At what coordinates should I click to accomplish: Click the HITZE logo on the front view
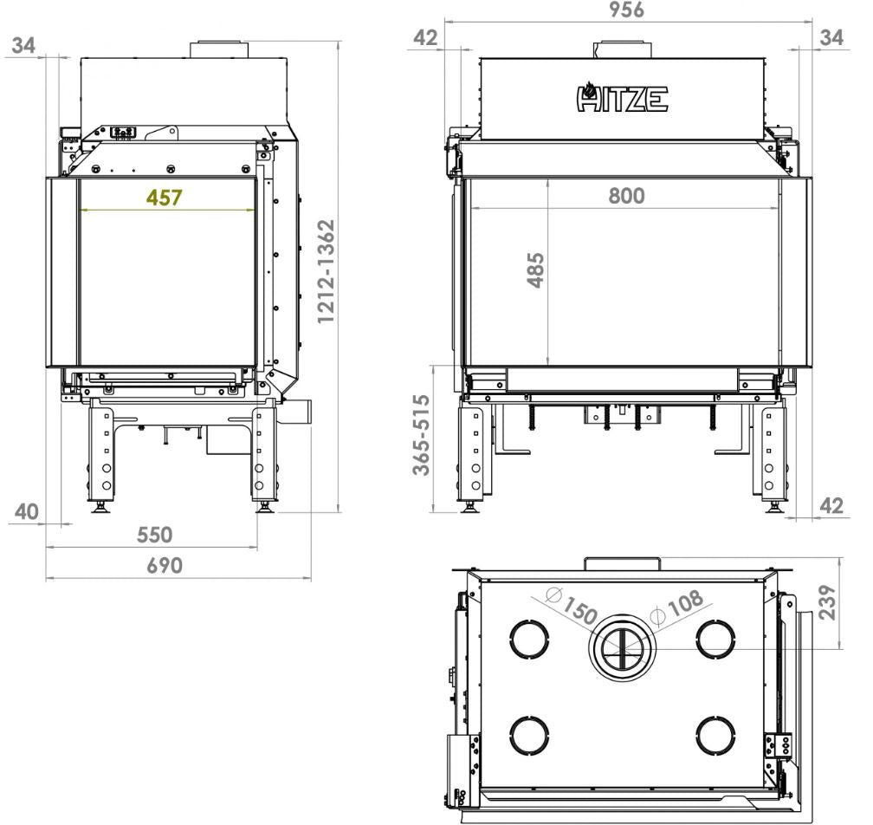(622, 97)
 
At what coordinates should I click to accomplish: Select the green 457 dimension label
(164, 198)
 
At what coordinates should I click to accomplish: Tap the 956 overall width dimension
(626, 10)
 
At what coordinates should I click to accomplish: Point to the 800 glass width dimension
(626, 196)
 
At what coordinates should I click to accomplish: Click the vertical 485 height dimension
(535, 270)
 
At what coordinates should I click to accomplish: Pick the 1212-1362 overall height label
(326, 271)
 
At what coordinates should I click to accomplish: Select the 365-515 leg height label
(422, 435)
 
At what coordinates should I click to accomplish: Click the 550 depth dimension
(154, 535)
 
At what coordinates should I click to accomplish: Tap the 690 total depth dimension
(165, 565)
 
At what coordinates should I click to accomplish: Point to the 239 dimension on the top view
(828, 602)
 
